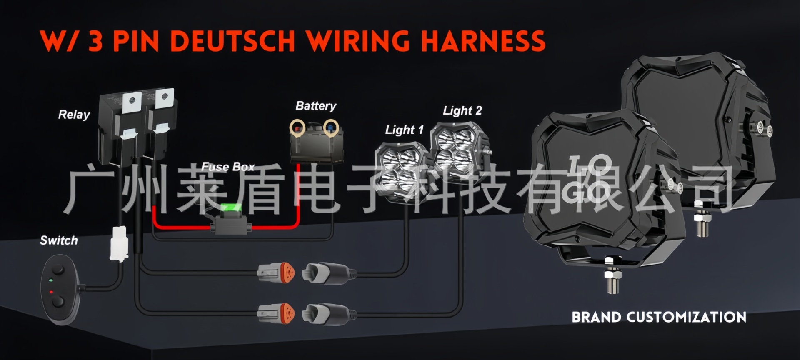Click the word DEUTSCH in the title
(x=233, y=41)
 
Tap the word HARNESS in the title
(x=483, y=41)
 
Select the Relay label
(x=74, y=115)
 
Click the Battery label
(x=316, y=106)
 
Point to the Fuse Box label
(x=228, y=167)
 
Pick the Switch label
(x=59, y=240)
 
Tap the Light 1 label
(x=404, y=130)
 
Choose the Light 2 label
(x=462, y=110)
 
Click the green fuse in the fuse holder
(x=231, y=208)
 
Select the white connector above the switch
(x=119, y=244)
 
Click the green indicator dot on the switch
(x=50, y=280)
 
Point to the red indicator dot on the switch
(x=52, y=292)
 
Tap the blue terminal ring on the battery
(x=331, y=127)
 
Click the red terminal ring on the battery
(x=297, y=127)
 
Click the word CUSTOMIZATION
(x=686, y=317)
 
